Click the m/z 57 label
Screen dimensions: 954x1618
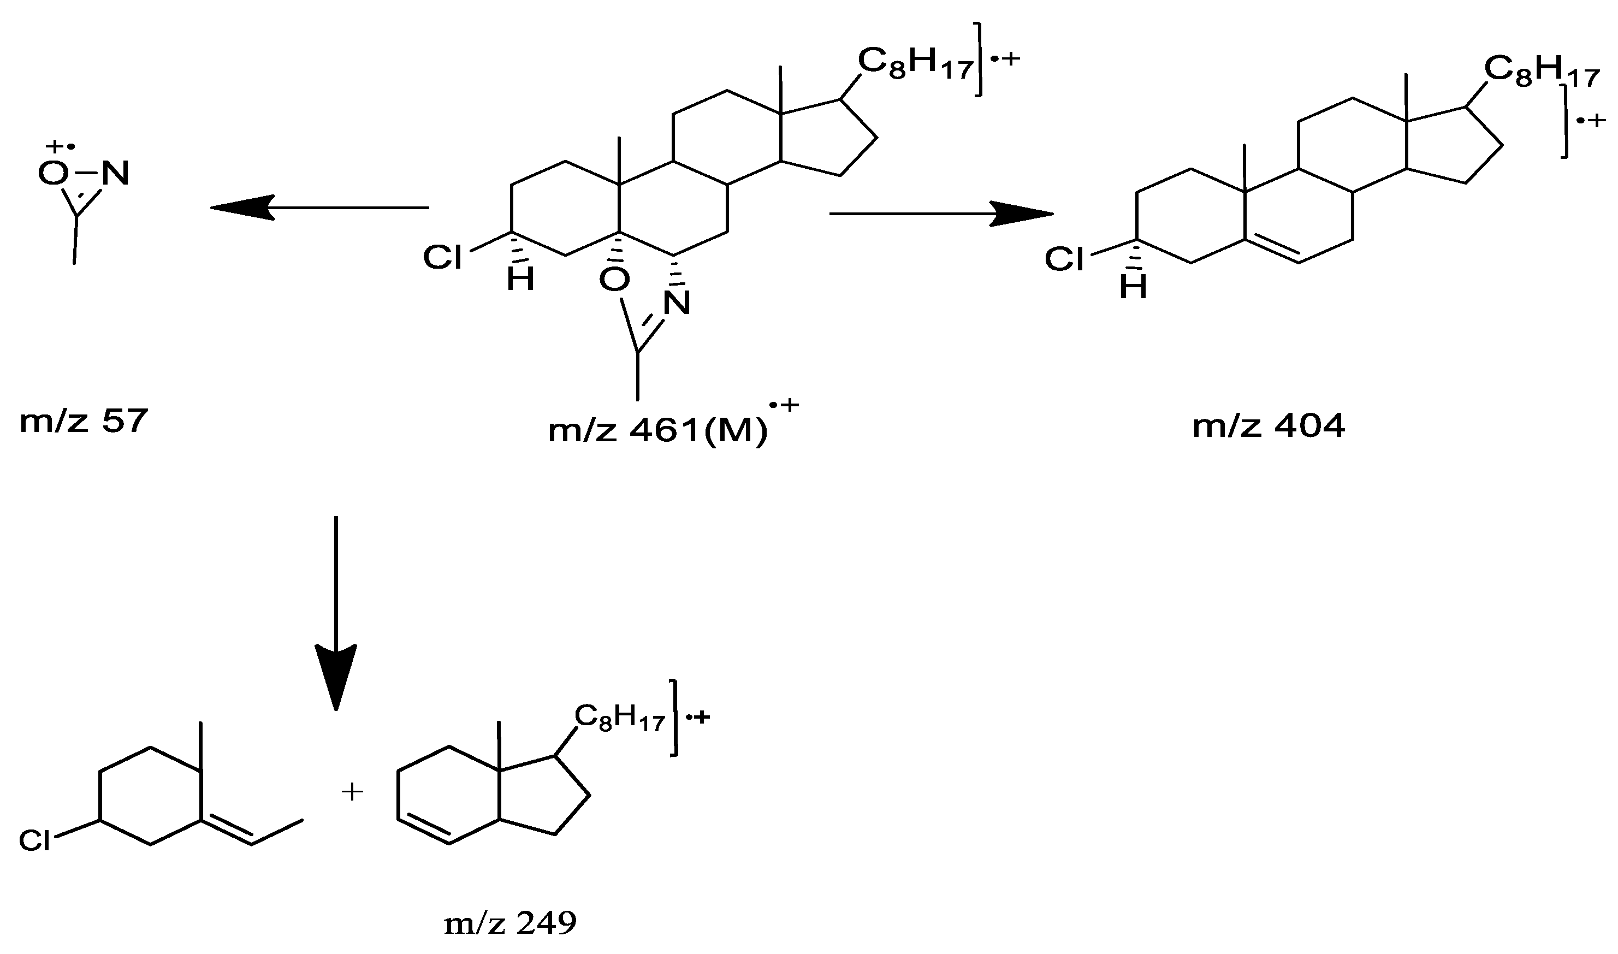pyautogui.click(x=84, y=422)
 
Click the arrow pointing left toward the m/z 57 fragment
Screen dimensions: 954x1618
pyautogui.click(x=319, y=207)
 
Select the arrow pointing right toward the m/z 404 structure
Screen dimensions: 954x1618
pyautogui.click(x=942, y=214)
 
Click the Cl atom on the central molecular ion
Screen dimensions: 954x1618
pyautogui.click(x=442, y=258)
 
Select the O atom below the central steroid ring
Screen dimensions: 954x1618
pyautogui.click(x=614, y=279)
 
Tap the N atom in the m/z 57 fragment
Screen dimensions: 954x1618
pyautogui.click(x=116, y=172)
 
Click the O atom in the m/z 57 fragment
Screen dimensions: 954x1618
pyautogui.click(x=53, y=172)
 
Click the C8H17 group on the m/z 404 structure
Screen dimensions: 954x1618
pyautogui.click(x=1541, y=72)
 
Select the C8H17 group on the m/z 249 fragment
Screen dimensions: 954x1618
pyautogui.click(x=619, y=718)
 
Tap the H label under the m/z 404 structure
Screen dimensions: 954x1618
pyautogui.click(x=1133, y=287)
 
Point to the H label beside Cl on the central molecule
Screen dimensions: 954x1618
pyautogui.click(x=520, y=279)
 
